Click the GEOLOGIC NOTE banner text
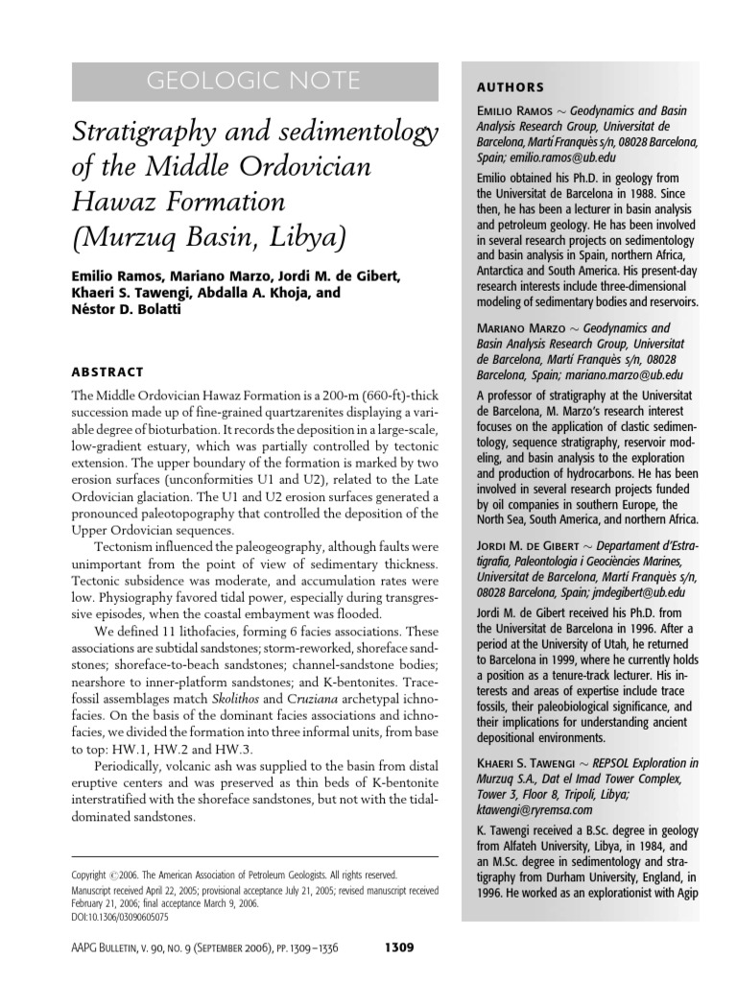(254, 82)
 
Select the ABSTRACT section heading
(107, 372)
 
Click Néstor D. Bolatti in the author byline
(133, 310)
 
